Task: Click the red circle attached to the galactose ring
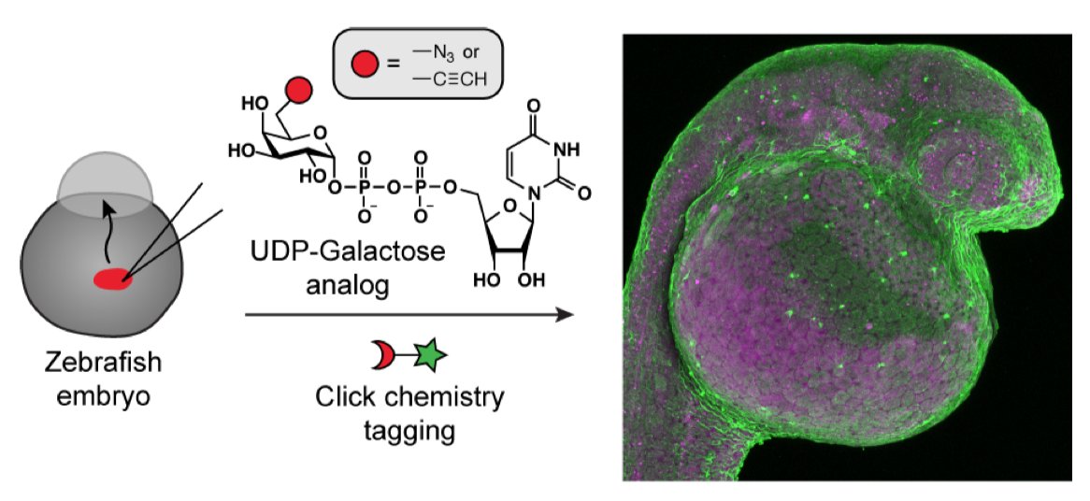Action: tap(298, 91)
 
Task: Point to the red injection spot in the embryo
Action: tap(110, 279)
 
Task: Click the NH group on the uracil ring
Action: tap(571, 148)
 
